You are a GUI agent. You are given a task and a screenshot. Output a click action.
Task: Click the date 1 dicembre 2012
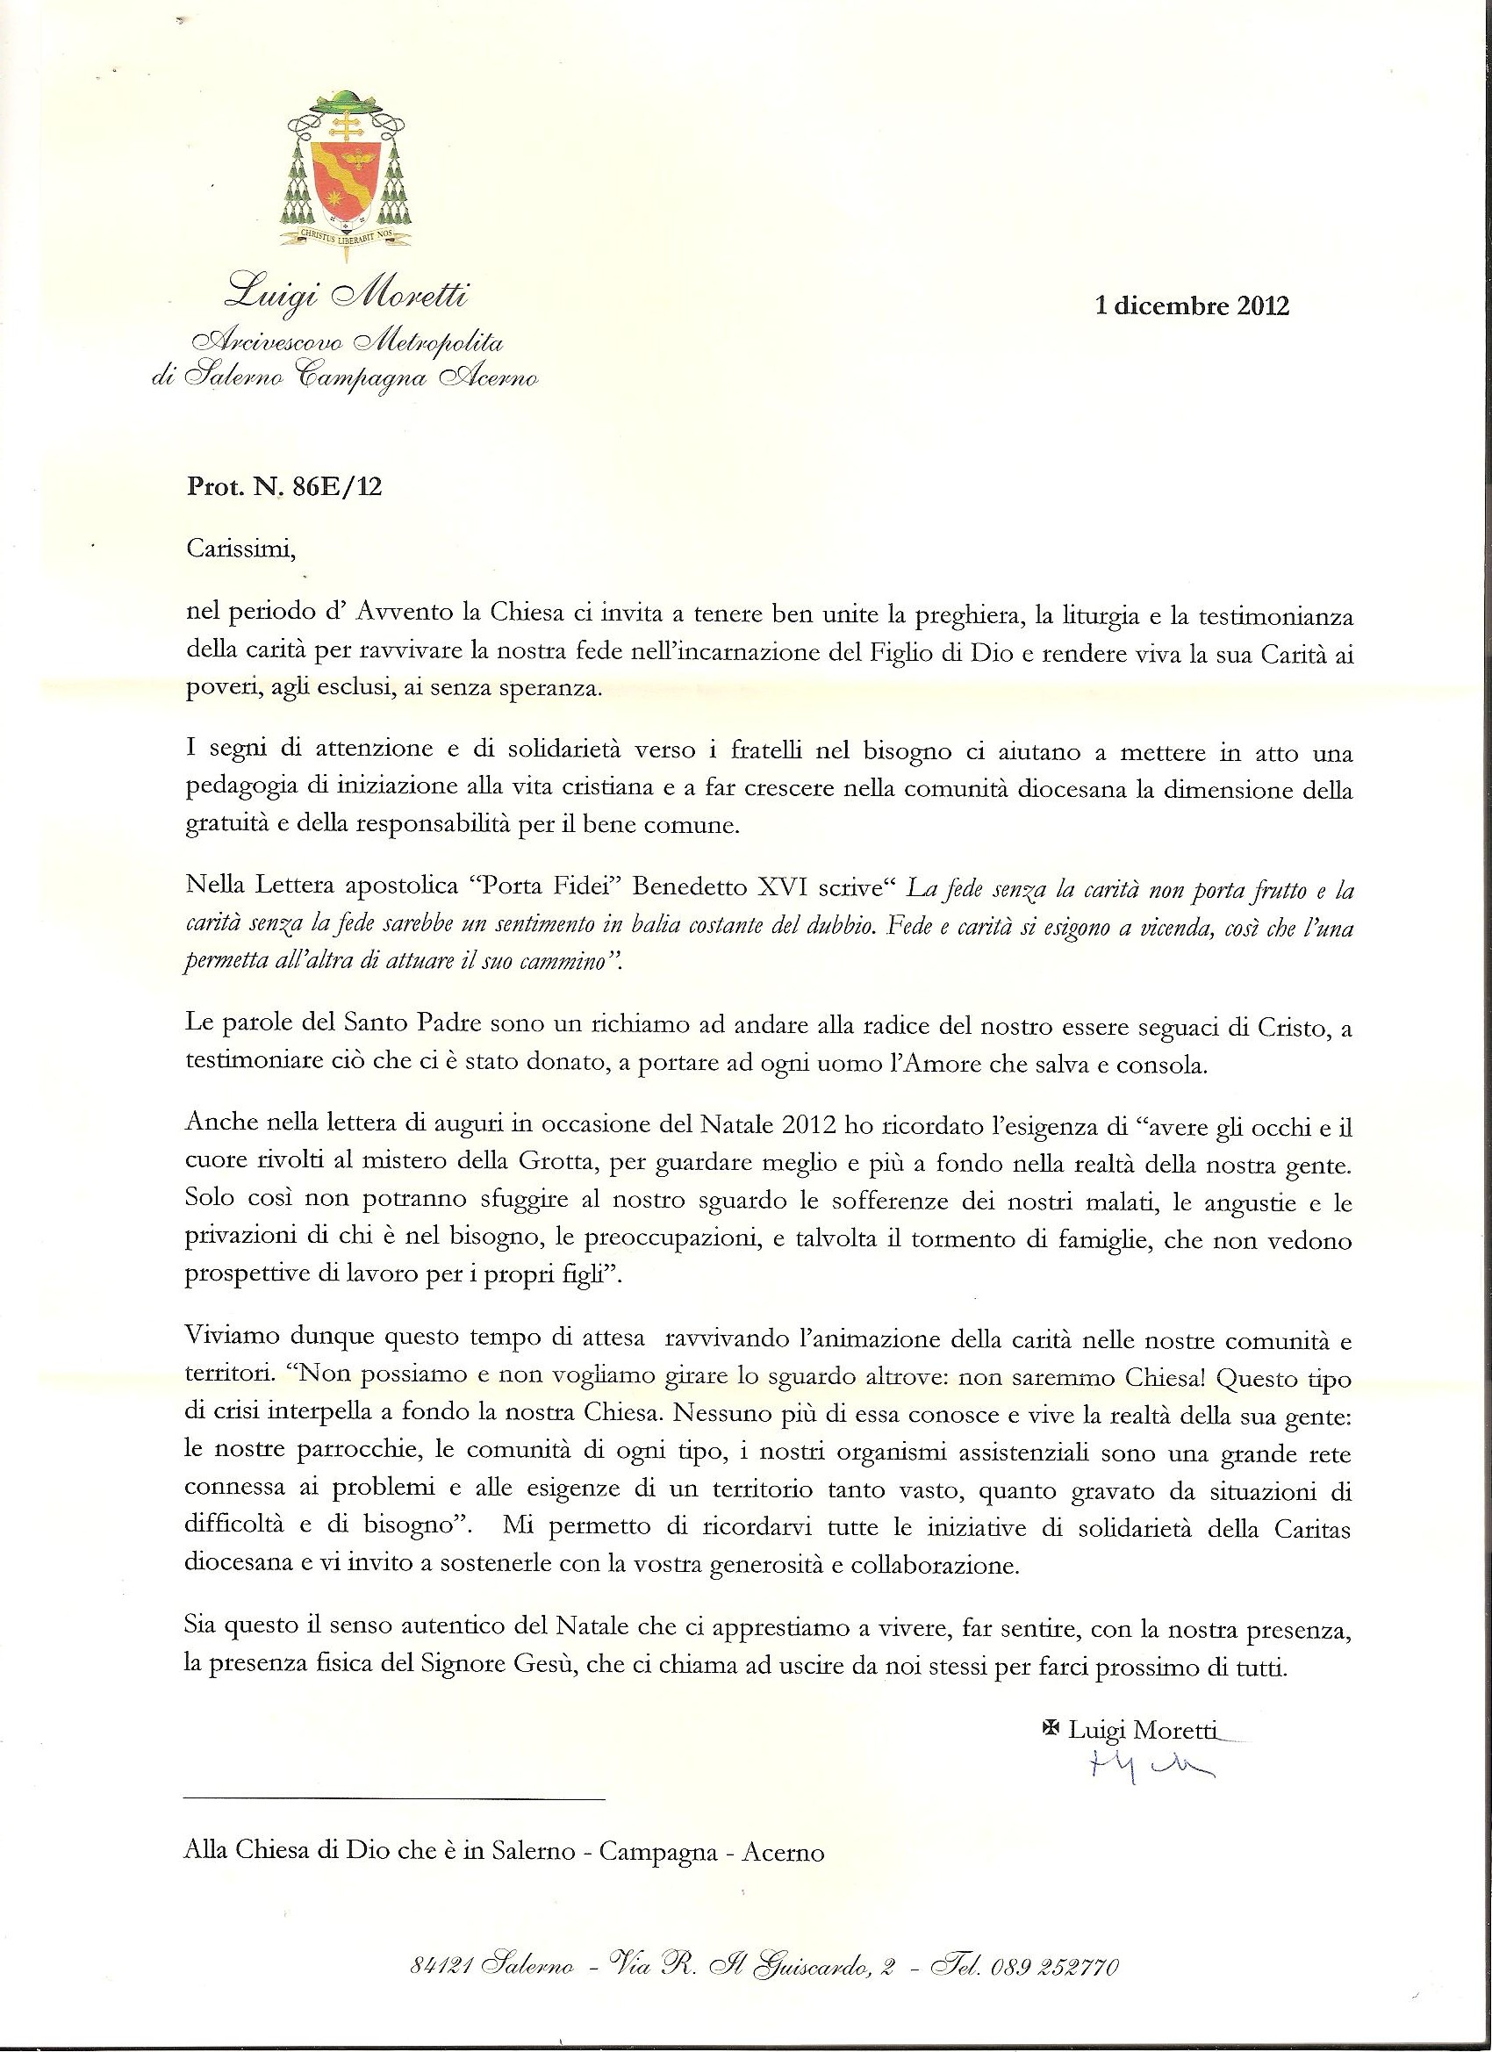click(1192, 305)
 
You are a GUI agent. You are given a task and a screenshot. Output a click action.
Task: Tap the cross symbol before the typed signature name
click(1051, 1727)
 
